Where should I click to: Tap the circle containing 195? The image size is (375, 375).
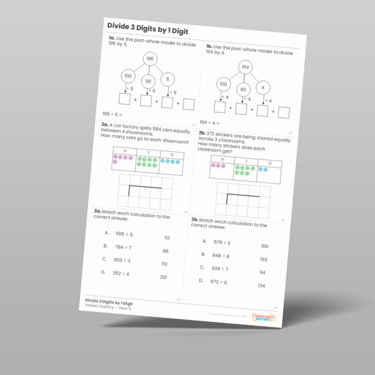pyautogui.click(x=150, y=59)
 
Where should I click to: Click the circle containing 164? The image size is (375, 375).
pyautogui.click(x=246, y=67)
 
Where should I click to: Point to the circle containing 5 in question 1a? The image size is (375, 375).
pyautogui.click(x=167, y=79)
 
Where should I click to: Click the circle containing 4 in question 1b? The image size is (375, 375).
pyautogui.click(x=264, y=87)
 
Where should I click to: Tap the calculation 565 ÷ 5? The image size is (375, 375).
pyautogui.click(x=124, y=234)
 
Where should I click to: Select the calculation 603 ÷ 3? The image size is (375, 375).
pyautogui.click(x=121, y=260)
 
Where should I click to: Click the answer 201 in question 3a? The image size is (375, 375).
pyautogui.click(x=164, y=277)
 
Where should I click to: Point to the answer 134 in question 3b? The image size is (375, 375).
pyautogui.click(x=261, y=286)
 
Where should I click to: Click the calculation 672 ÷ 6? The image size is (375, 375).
pyautogui.click(x=219, y=282)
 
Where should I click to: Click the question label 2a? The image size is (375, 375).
pyautogui.click(x=106, y=124)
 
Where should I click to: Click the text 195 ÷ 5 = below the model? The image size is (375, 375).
pyautogui.click(x=112, y=114)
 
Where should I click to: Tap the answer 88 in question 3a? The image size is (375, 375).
pyautogui.click(x=166, y=251)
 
